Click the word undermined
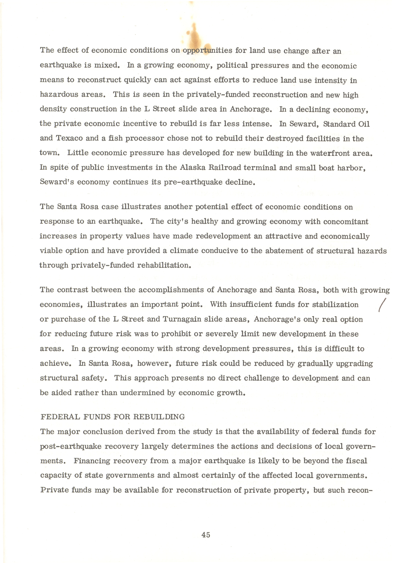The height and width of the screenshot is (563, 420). click(142, 393)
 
